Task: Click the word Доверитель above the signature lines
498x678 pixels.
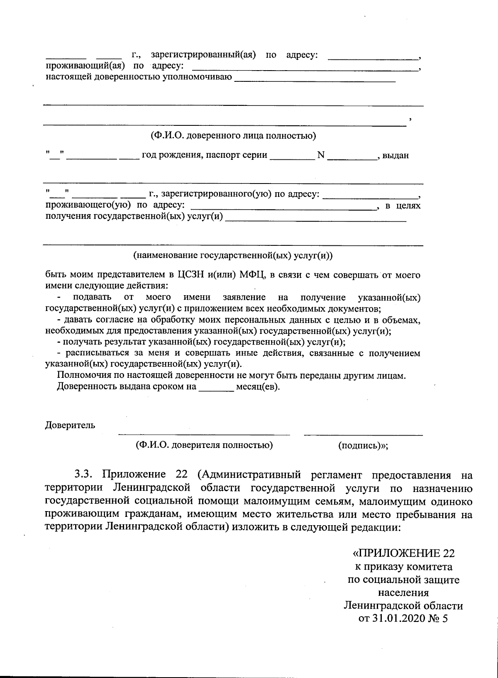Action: pos(70,425)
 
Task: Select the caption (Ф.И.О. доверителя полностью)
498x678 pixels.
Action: pos(204,445)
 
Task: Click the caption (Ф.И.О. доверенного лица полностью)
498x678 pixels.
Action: pos(233,136)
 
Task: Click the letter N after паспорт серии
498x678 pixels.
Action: pos(320,155)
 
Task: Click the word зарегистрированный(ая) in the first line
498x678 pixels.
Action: pos(203,55)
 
